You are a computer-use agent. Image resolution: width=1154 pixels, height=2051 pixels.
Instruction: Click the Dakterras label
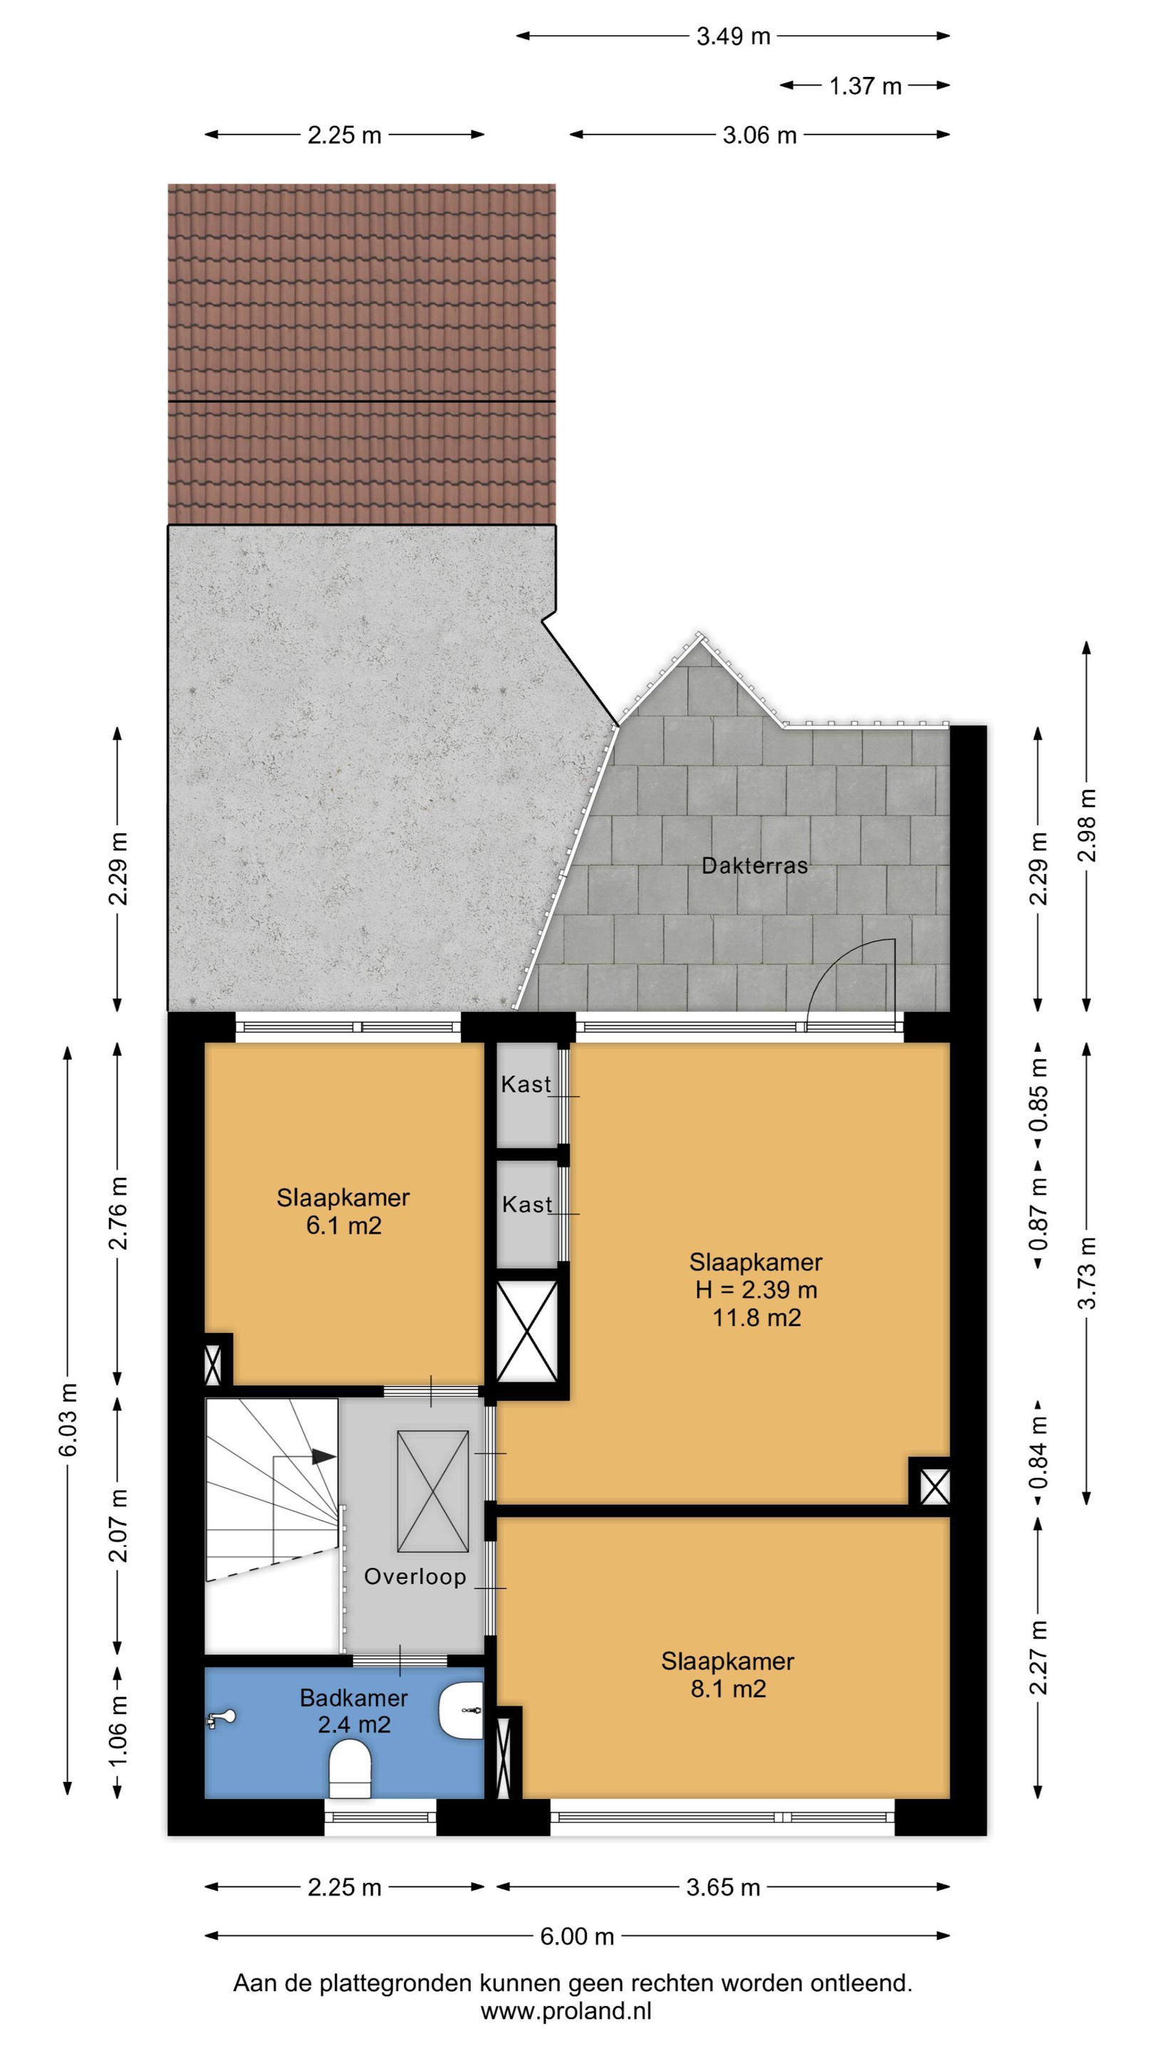pyautogui.click(x=754, y=865)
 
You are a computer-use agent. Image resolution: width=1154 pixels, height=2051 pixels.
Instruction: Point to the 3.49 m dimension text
pyautogui.click(x=733, y=36)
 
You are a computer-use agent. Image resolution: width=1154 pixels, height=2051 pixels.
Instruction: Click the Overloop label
pyautogui.click(x=415, y=1576)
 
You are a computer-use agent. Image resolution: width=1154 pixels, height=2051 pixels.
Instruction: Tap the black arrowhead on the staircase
pyautogui.click(x=323, y=1456)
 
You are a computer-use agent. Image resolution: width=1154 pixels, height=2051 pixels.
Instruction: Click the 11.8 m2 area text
pyautogui.click(x=756, y=1317)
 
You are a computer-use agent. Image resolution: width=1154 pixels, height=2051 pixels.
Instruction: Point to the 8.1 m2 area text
pyautogui.click(x=728, y=1688)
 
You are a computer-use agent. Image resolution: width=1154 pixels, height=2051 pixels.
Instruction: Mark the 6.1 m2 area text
pyautogui.click(x=343, y=1225)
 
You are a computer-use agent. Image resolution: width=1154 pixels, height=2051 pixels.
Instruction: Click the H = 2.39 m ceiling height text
pyautogui.click(x=756, y=1289)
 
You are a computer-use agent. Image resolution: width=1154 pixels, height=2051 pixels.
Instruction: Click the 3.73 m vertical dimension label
pyautogui.click(x=1087, y=1273)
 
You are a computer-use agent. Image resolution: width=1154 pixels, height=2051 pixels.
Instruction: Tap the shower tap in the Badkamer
pyautogui.click(x=221, y=1718)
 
